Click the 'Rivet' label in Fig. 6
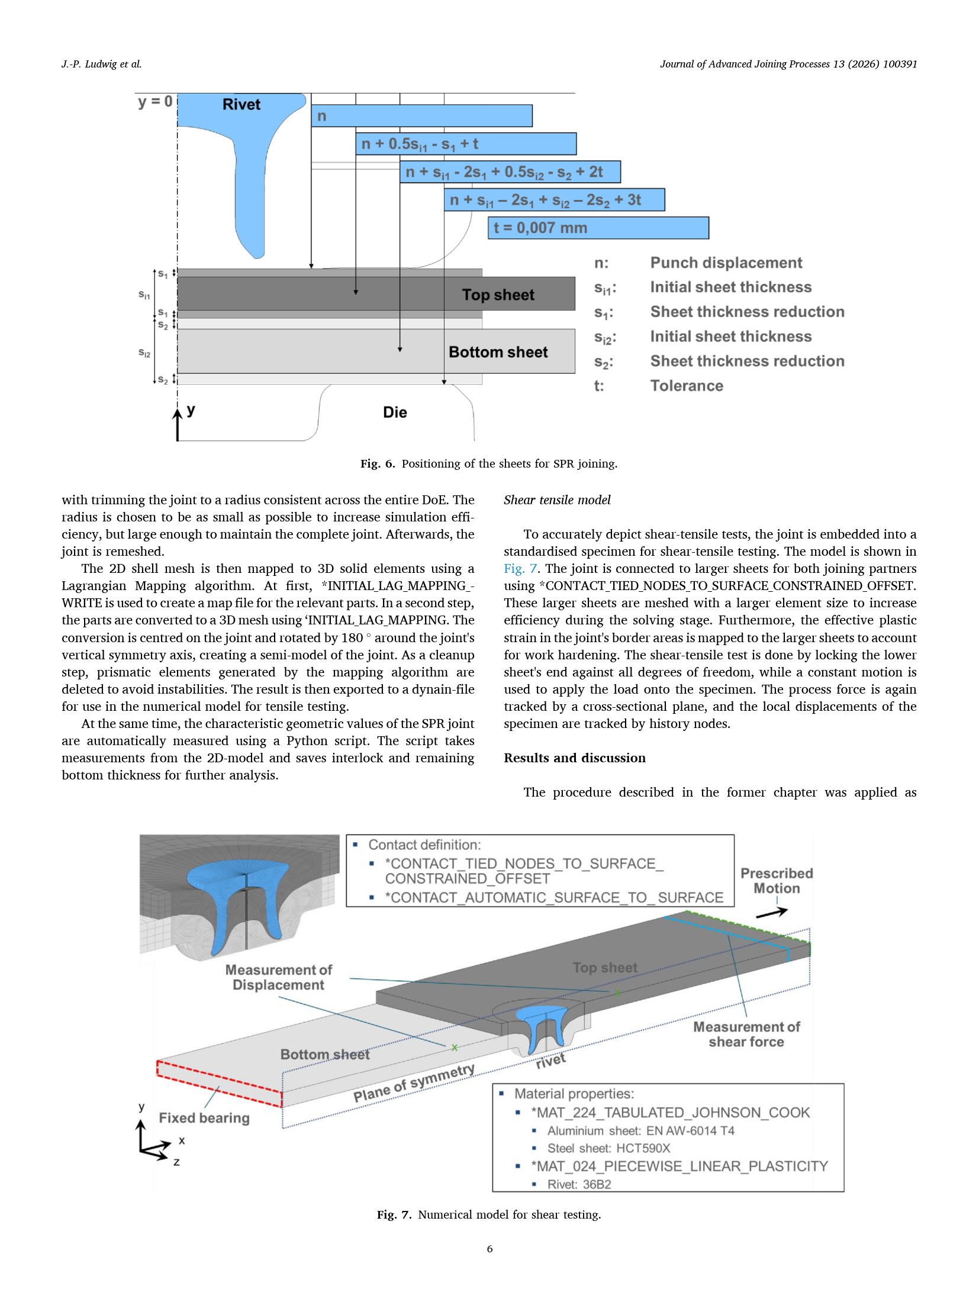pos(241,105)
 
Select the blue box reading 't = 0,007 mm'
pos(598,228)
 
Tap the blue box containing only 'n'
pos(421,116)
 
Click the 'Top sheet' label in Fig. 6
pos(498,295)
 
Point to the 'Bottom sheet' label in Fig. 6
pos(498,352)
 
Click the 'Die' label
pos(395,413)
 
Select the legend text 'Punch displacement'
pos(726,263)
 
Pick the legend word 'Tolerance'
pos(687,386)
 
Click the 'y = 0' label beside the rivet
pos(155,102)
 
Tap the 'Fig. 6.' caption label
pos(378,464)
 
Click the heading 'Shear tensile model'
pos(557,500)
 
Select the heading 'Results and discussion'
pos(575,758)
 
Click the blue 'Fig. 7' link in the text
pos(520,569)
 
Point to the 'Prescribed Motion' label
pos(777,881)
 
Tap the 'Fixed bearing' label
pos(204,1118)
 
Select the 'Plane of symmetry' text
pos(414,1084)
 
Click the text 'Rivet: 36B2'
pos(579,1184)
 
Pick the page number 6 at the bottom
pos(489,1249)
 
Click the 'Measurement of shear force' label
pos(746,1034)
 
